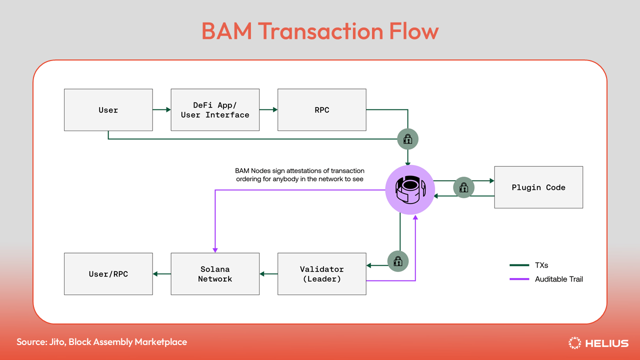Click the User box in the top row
108,110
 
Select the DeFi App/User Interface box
215,110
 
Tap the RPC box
321,110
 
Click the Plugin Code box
538,187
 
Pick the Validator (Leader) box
321,274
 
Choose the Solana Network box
215,274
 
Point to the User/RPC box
108,274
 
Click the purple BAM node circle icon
409,189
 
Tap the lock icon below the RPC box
407,139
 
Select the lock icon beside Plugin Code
463,188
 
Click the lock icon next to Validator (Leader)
398,261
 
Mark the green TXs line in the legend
519,265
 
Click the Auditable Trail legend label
558,279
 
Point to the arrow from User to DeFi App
161,110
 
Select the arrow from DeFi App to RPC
268,110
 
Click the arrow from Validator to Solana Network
268,274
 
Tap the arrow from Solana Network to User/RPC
161,274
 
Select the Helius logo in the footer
598,343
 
